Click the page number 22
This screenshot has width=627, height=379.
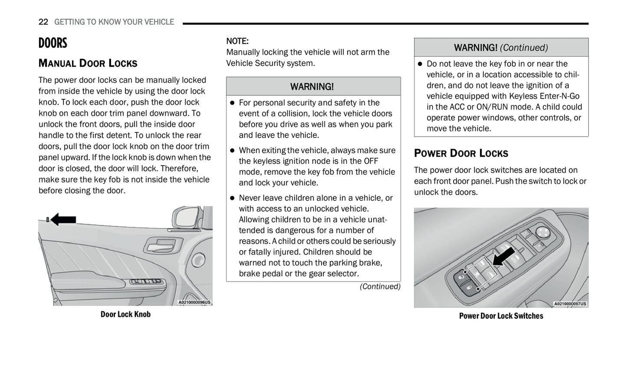pos(43,22)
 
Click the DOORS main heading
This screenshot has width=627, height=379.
pos(53,43)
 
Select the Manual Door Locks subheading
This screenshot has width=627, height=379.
pos(88,63)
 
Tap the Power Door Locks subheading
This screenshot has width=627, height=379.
pos(461,154)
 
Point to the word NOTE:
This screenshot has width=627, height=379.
pos(237,41)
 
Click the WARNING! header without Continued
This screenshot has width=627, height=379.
pos(312,87)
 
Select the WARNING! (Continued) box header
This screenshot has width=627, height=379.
pos(501,48)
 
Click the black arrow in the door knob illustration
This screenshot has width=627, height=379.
pos(63,220)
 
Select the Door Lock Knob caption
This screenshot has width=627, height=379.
pos(125,314)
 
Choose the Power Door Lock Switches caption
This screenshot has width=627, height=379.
pos(501,316)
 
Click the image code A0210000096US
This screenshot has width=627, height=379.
pos(194,302)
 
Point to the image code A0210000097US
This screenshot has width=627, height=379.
pos(570,304)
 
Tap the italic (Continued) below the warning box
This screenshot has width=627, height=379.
pos(380,287)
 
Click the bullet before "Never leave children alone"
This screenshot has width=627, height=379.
pos(232,198)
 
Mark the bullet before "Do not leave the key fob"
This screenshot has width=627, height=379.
pos(420,64)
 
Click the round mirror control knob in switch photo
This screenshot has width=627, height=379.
pos(542,232)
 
